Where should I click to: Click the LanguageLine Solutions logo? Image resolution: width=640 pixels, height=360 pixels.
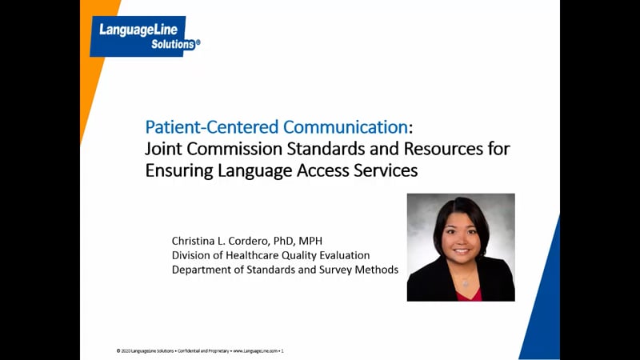tap(144, 37)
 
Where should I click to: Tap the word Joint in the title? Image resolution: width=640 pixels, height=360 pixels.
tap(163, 149)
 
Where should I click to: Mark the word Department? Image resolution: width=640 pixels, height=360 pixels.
tap(202, 270)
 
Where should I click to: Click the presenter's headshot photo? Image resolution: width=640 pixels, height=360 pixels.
tap(461, 247)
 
